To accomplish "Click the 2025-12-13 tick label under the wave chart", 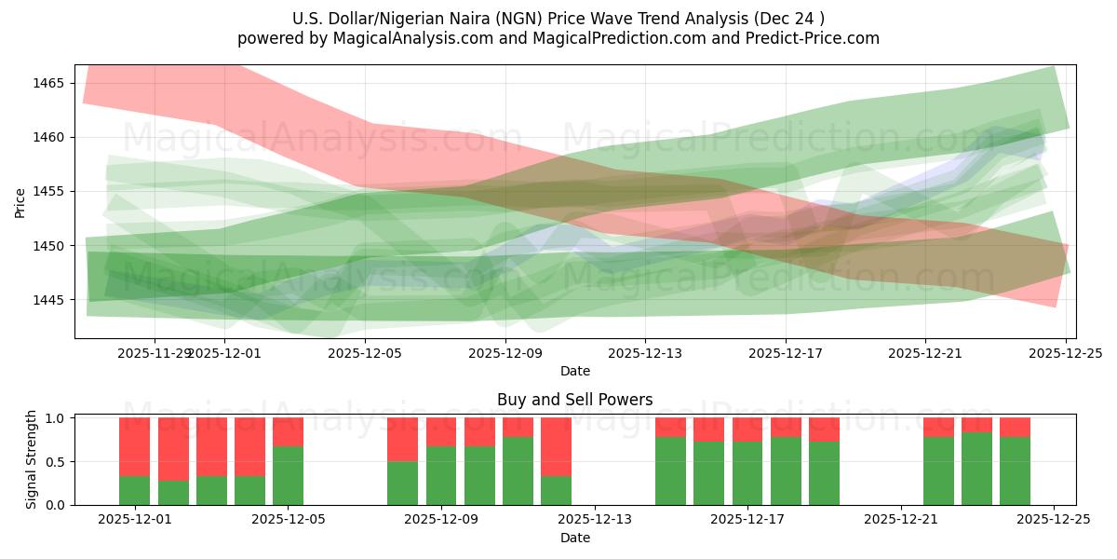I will click(x=644, y=353).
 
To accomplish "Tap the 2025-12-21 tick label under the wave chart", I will click(x=924, y=353).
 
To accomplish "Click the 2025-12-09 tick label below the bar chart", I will click(x=441, y=520).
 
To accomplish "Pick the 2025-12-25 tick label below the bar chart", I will click(x=1054, y=520).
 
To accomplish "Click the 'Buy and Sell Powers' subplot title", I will click(x=574, y=400).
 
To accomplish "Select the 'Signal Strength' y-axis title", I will click(x=32, y=458).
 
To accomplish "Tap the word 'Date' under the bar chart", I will click(x=574, y=538).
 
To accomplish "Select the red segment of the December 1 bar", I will click(x=135, y=446).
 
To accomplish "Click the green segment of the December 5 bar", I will click(x=288, y=475).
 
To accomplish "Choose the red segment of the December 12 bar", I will click(x=556, y=446).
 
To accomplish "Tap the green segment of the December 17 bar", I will click(x=747, y=472).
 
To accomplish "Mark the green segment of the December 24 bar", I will click(x=1015, y=470).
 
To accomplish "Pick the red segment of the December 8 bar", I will click(x=403, y=439).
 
